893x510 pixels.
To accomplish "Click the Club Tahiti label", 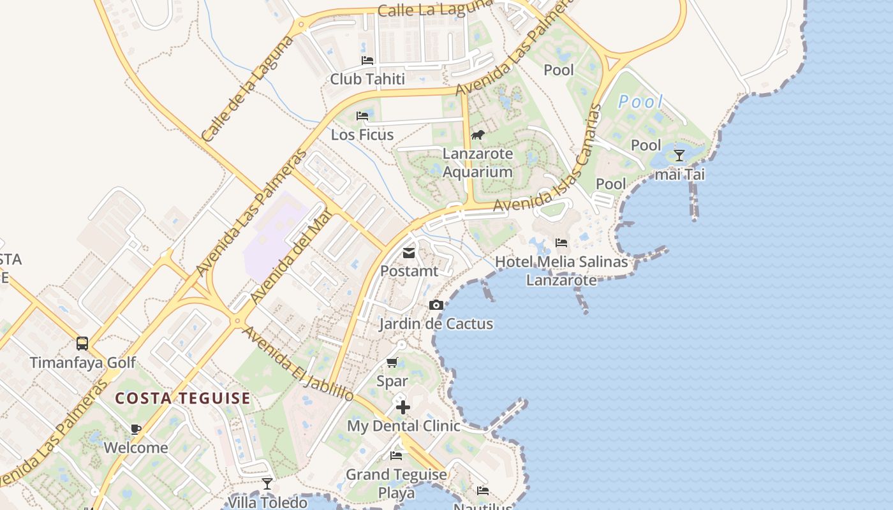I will tap(367, 79).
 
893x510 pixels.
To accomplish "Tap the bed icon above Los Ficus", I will tap(362, 116).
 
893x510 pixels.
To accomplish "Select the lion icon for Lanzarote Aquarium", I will tap(478, 135).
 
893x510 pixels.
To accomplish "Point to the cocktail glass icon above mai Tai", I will tap(679, 156).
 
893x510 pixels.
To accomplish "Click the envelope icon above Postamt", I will tap(409, 253).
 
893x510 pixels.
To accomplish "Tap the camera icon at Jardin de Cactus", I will tap(436, 305).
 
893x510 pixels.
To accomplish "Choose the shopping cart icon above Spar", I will tap(392, 363).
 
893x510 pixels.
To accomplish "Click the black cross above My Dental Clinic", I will tap(402, 407).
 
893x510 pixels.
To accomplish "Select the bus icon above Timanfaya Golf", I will tap(82, 344).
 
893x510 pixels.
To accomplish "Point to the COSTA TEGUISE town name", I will tap(183, 398).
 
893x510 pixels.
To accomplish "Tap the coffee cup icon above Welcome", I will tap(135, 429).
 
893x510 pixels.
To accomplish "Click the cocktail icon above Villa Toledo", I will tap(267, 484).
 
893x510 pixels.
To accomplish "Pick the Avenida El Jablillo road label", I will tap(298, 365).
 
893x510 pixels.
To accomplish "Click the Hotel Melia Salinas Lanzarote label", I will tap(561, 271).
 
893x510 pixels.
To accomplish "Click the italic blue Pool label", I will tap(640, 101).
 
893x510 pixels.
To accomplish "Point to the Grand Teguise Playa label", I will tap(396, 483).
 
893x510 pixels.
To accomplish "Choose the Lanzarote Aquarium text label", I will tap(478, 163).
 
